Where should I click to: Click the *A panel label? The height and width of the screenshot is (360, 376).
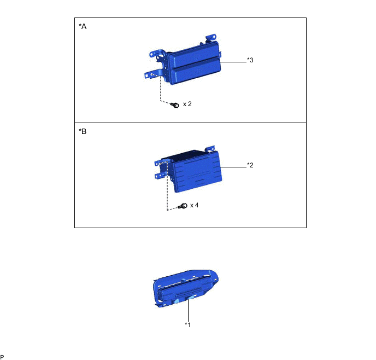(x=83, y=26)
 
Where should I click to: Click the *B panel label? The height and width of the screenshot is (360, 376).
(x=83, y=131)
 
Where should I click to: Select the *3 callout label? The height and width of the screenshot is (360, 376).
(x=250, y=60)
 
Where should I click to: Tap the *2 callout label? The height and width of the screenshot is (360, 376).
(x=250, y=165)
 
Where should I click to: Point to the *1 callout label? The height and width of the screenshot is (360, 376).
(x=188, y=325)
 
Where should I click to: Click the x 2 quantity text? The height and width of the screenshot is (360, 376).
(x=187, y=104)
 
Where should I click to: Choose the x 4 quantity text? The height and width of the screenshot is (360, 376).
(x=194, y=205)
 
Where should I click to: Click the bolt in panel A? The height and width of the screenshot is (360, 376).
(x=175, y=105)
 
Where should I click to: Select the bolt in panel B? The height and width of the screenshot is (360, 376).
(x=183, y=206)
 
